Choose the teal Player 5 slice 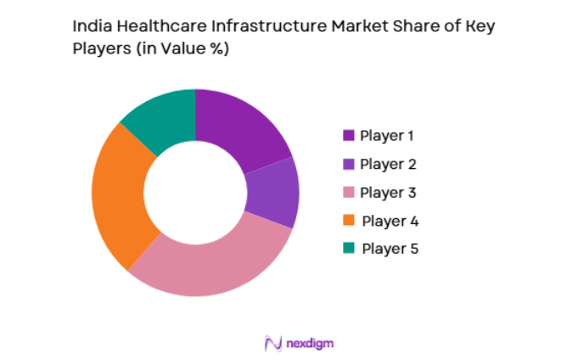(161, 119)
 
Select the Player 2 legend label (387, 164)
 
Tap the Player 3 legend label (387, 192)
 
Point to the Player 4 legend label (390, 221)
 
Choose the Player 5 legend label (390, 249)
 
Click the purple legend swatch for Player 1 (348, 135)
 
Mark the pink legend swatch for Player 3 (348, 193)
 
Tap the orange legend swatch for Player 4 (348, 221)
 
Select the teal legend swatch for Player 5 (348, 249)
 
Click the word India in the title (91, 26)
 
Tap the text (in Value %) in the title (177, 49)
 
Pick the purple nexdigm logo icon (273, 343)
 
